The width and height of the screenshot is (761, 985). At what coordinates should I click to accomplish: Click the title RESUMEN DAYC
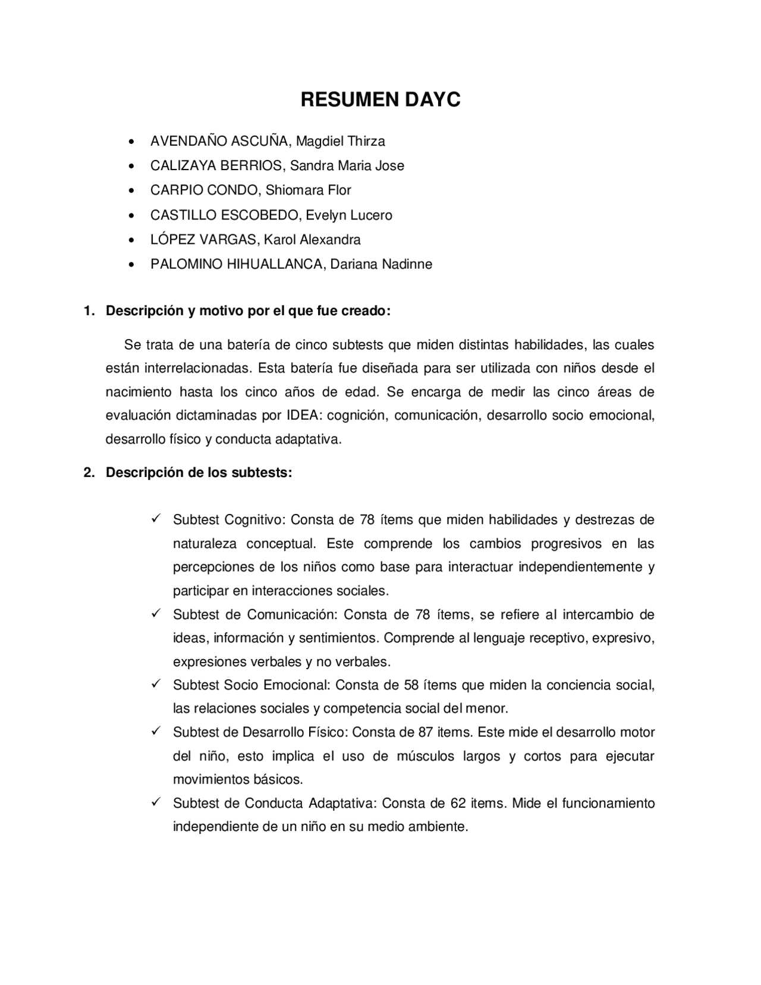380,100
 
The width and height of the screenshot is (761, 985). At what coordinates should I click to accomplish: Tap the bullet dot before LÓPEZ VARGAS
131,240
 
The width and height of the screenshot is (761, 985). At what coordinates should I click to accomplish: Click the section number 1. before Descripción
89,311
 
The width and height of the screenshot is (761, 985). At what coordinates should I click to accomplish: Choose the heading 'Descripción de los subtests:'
199,473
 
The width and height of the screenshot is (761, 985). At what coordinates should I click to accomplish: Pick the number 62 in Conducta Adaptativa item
458,804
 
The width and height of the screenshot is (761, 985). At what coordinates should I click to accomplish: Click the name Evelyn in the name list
325,215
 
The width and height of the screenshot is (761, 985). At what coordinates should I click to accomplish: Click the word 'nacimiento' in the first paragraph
139,393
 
